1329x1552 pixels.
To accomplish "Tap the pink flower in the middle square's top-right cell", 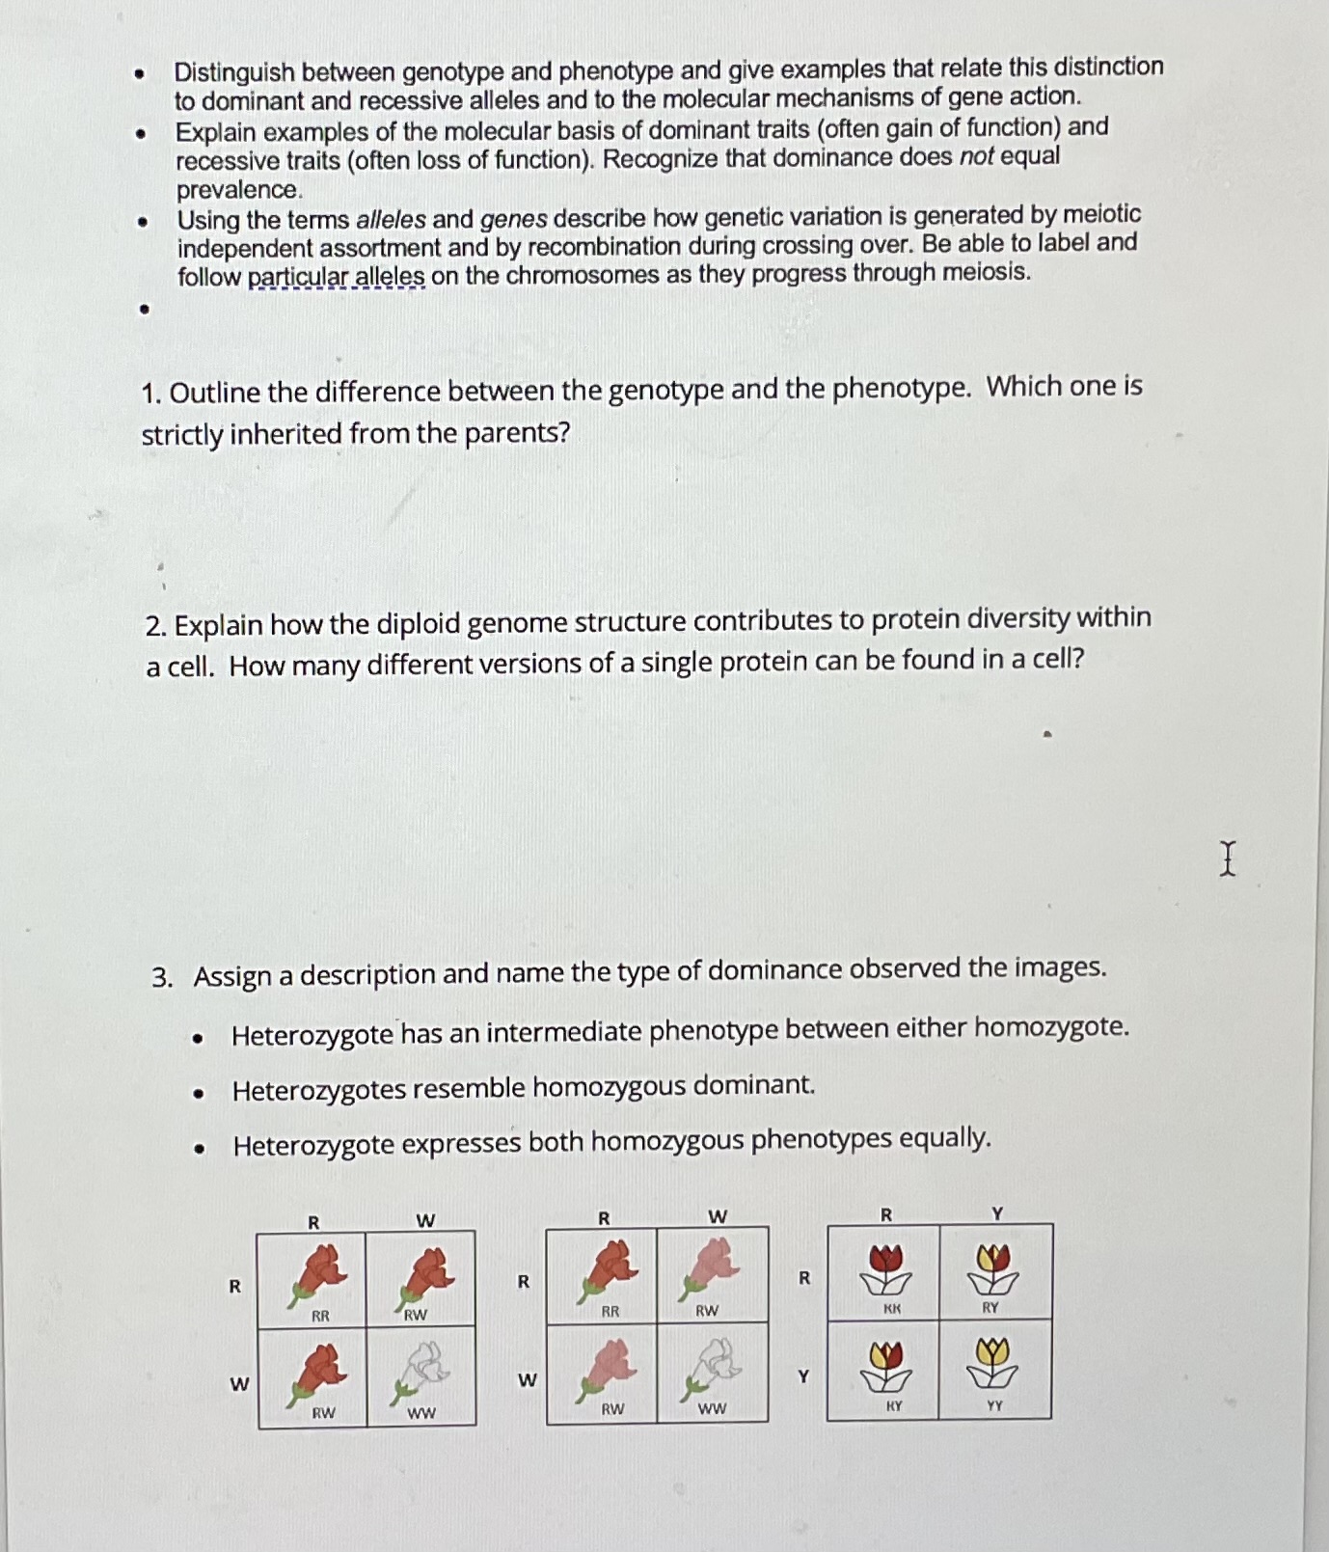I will click(x=712, y=1266).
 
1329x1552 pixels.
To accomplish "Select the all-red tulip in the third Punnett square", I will click(x=885, y=1266).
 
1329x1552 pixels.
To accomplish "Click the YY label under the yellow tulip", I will click(x=994, y=1405).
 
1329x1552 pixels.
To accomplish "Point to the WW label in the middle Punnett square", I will click(x=712, y=1408).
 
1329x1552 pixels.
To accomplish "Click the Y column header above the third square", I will click(x=997, y=1212).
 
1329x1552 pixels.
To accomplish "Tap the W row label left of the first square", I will click(x=238, y=1384).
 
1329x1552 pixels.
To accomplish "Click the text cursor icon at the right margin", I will click(x=1227, y=858).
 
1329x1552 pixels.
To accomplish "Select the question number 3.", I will click(x=162, y=977).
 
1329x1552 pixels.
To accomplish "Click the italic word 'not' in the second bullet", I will click(x=976, y=157).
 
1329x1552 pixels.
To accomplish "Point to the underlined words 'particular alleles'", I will click(x=336, y=278).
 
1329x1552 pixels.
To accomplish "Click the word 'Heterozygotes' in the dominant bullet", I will click(x=319, y=1090).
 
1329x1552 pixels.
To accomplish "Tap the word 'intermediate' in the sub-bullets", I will click(x=563, y=1032).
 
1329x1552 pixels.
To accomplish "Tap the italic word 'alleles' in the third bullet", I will click(x=391, y=219).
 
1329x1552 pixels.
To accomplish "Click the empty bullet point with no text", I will click(x=145, y=310).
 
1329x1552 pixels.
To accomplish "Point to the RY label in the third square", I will click(x=990, y=1307).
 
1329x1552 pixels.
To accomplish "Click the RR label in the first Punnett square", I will click(x=320, y=1316).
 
